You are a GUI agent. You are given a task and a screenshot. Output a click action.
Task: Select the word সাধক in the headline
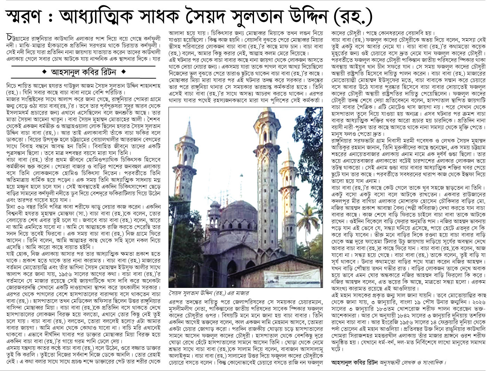[x=179, y=16]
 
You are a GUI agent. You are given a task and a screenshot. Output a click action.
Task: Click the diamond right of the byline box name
[x=124, y=73]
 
